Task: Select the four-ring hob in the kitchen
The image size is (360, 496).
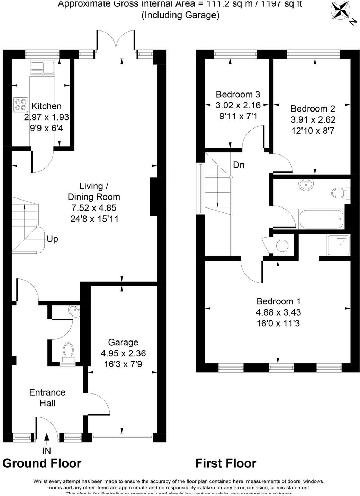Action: point(20,105)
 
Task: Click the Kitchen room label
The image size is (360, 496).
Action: point(46,106)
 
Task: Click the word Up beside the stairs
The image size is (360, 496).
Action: point(52,239)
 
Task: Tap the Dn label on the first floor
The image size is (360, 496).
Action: point(238,165)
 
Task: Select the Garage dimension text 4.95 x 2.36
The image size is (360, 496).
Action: point(123,353)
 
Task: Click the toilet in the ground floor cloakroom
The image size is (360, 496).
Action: point(68,350)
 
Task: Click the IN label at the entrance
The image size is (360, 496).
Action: point(46,451)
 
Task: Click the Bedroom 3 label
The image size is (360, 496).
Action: point(238,94)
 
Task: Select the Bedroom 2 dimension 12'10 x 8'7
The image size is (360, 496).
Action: point(313,131)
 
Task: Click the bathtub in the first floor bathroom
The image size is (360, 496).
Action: point(321,219)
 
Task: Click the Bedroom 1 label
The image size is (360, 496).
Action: point(278,301)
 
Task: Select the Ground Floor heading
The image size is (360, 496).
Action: point(42,463)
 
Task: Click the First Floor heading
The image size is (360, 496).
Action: point(226,463)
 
